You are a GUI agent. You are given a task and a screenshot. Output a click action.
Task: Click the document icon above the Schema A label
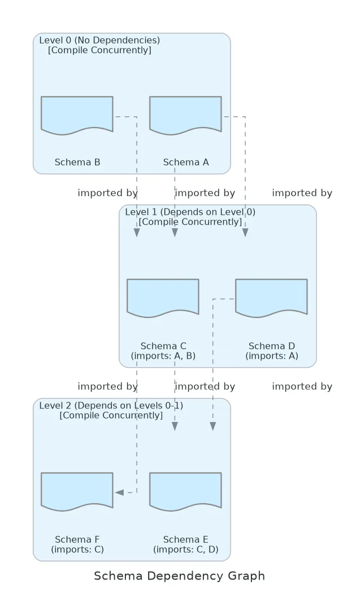point(185,115)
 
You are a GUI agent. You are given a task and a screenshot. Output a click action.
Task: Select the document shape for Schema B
point(77,115)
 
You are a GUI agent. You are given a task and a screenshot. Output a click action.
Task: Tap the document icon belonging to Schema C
point(163,298)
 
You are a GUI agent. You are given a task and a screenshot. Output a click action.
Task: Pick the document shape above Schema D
point(271,298)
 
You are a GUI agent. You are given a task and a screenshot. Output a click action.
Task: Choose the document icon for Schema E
point(185,491)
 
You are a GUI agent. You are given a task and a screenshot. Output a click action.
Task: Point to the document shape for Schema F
point(77,491)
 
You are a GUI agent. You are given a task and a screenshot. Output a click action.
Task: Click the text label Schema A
point(186,162)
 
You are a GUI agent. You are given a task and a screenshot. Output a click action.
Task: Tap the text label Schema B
point(77,162)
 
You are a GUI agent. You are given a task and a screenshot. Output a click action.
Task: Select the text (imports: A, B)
point(163,355)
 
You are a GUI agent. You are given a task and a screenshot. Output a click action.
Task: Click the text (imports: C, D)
point(186,549)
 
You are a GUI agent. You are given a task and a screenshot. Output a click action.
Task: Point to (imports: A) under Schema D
point(272,355)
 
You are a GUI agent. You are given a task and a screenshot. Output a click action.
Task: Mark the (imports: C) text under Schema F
point(77,549)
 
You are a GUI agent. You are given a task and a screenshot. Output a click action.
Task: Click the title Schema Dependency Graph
point(179,576)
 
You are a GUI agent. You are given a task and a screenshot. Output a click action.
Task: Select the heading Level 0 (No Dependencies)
point(99,40)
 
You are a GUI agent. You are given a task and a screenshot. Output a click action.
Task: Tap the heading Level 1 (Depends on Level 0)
point(190,212)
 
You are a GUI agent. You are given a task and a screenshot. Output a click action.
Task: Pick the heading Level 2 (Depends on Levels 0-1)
point(111,406)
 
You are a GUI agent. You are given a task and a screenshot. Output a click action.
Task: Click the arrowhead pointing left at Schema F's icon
point(119,492)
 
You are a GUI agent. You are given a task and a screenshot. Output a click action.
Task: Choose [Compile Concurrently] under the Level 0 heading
point(99,50)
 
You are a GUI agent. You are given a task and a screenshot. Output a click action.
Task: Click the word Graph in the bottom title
point(245,576)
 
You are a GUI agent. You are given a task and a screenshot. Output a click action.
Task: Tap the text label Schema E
point(186,539)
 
